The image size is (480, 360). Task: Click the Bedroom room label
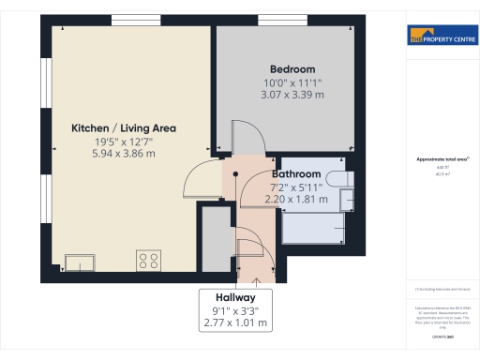292,69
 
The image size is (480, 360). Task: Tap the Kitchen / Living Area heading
124,127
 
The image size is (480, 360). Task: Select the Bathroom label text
296,174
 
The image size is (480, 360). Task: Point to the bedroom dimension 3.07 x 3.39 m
292,95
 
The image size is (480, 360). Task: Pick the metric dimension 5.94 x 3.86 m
124,153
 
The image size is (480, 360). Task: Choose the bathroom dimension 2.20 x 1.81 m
296,199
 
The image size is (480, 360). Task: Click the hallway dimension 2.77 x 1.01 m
235,322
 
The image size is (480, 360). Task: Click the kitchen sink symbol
79,262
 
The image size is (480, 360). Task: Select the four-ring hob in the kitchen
148,260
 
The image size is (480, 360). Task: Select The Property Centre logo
440,37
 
